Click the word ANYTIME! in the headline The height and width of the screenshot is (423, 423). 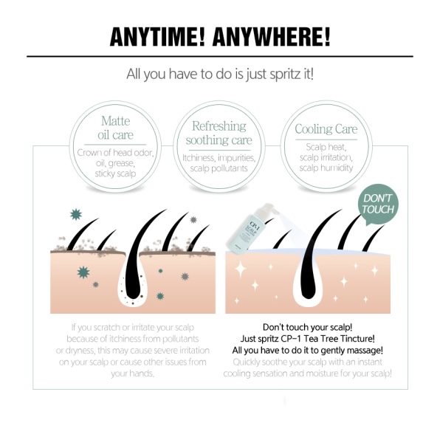(x=157, y=37)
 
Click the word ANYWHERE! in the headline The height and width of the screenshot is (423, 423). (x=272, y=37)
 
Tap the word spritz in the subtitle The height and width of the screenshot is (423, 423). (x=283, y=74)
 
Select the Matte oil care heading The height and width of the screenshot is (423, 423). (x=115, y=128)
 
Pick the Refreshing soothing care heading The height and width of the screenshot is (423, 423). (x=219, y=133)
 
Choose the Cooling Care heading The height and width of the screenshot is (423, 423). (x=326, y=128)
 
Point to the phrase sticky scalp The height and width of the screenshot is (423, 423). (x=115, y=173)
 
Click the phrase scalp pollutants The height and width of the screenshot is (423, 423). (x=219, y=168)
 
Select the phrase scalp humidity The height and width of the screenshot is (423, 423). (x=326, y=168)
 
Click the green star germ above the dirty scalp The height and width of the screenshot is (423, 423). (x=76, y=215)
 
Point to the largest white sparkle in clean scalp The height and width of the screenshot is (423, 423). (x=240, y=269)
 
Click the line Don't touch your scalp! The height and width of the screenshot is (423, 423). (x=308, y=327)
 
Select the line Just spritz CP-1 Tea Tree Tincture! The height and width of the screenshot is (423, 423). (x=308, y=339)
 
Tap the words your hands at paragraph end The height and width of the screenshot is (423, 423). (x=132, y=374)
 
